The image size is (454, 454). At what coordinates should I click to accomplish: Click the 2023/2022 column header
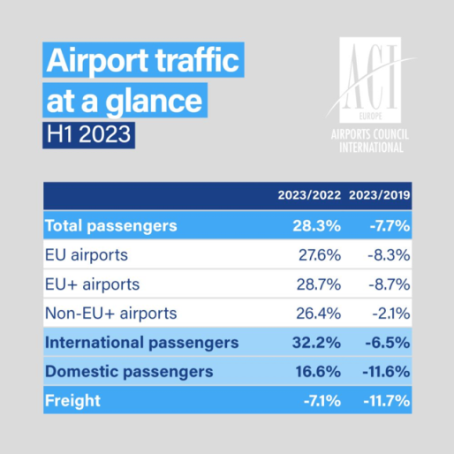point(309,195)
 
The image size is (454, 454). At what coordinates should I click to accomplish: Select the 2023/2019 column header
point(379,195)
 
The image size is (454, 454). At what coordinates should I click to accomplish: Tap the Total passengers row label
point(111,226)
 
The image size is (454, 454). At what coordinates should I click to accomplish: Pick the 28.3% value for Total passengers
point(317,226)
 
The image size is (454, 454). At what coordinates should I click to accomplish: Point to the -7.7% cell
point(390,226)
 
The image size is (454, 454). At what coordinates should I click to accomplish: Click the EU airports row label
point(87,255)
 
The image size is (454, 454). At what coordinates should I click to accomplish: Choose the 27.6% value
point(320,255)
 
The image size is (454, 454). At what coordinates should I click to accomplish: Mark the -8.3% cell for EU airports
point(389,255)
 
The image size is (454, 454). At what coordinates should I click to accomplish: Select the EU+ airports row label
point(93,284)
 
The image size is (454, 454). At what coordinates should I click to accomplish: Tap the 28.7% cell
point(319,284)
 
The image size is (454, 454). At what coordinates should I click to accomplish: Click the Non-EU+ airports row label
point(111,314)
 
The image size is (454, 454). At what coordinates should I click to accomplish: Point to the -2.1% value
point(391,314)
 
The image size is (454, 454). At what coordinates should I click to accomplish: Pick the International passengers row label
point(142,343)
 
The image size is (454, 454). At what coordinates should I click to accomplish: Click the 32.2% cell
point(316,343)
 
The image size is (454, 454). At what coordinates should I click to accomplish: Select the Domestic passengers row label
point(129,372)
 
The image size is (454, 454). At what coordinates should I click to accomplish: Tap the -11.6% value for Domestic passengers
point(386,372)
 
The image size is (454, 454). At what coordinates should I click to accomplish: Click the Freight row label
point(72,401)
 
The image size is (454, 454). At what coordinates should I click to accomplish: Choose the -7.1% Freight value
point(322,401)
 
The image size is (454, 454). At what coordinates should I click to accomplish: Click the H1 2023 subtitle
point(88,134)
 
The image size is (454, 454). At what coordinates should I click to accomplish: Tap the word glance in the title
point(154,102)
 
